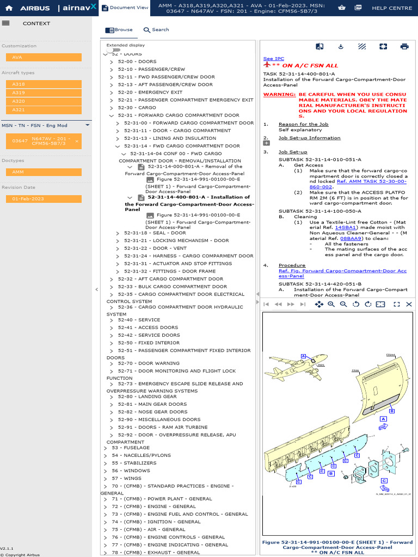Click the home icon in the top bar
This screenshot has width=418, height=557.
(9, 8)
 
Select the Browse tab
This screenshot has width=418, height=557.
(119, 30)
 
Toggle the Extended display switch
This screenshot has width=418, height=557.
(113, 50)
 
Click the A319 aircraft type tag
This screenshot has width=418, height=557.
(44, 93)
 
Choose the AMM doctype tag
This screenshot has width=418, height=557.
(44, 172)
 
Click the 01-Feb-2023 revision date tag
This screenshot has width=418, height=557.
(44, 199)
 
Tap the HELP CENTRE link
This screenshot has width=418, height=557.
(392, 8)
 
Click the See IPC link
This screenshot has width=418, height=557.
(273, 59)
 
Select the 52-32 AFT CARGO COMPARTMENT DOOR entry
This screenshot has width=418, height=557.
(170, 279)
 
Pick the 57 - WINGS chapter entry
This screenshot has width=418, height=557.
(126, 479)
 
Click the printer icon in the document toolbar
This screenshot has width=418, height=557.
(404, 47)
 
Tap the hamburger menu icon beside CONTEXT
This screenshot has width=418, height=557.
(6, 23)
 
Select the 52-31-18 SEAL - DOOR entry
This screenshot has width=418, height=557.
(155, 233)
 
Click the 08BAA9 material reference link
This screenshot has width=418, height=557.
(351, 238)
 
